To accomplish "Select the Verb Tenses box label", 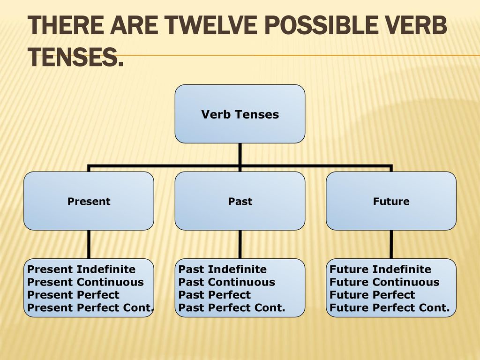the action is tap(240, 114).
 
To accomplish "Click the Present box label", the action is tap(89, 202).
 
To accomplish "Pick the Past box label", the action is tap(240, 202).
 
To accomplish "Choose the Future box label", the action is tap(391, 202).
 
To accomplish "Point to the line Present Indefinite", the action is tap(82, 270).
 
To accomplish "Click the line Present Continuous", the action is tap(85, 282).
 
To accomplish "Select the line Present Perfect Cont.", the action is tap(90, 307).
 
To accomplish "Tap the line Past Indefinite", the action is tap(223, 270).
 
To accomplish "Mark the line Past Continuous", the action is tap(227, 282).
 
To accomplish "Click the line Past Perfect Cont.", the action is tap(232, 307).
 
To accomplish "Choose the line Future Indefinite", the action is tap(380, 270).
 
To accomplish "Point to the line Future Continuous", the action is tap(384, 282).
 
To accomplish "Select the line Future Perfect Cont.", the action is tap(390, 307).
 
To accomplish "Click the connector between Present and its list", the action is tap(89, 244).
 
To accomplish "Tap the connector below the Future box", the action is tap(391, 244).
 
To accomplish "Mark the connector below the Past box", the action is tap(240, 244).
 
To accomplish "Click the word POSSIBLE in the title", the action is tap(321, 25).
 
